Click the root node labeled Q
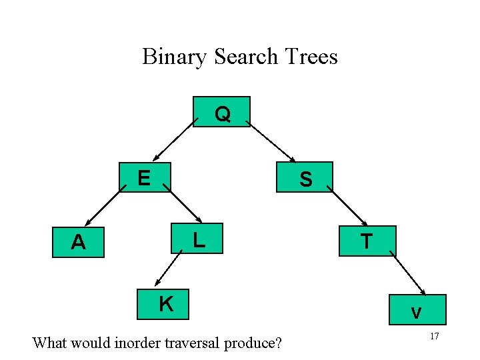(x=221, y=112)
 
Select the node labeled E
(x=145, y=177)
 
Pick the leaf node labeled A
(x=79, y=241)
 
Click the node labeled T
(x=367, y=241)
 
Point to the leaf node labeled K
(x=164, y=304)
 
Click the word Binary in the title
(x=175, y=57)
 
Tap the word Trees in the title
(x=311, y=57)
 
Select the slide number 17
(x=434, y=337)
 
